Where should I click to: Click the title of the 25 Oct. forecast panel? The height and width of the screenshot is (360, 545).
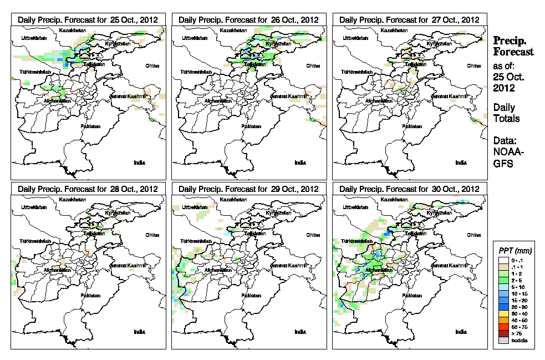tap(88, 19)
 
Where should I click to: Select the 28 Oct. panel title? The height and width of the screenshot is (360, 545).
tap(88, 189)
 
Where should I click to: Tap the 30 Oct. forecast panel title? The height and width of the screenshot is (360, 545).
tap(409, 189)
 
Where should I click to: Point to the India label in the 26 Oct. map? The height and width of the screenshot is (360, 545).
tap(299, 163)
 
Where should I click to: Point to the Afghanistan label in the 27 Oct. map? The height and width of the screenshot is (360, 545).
tap(379, 101)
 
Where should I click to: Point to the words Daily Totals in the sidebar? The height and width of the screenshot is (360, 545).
tap(504, 113)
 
